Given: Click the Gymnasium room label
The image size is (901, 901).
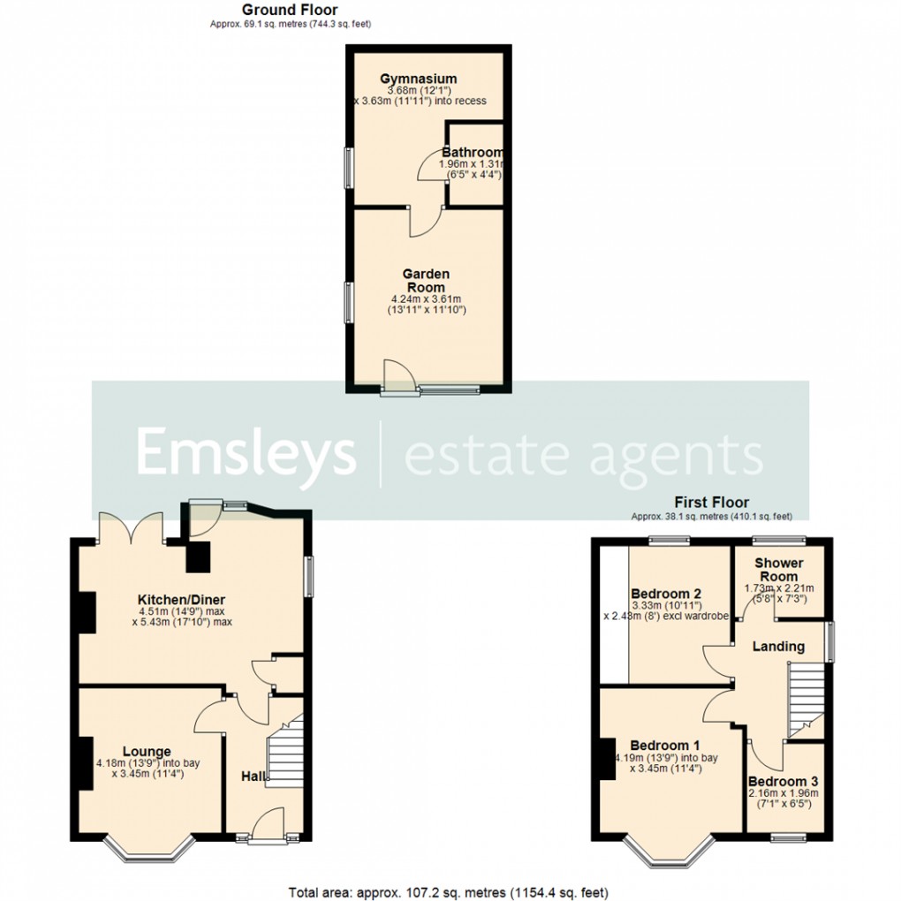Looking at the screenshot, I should point(420,79).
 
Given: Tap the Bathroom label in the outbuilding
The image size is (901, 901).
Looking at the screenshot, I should point(473,152).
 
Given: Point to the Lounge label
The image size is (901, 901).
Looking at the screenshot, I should point(147,751).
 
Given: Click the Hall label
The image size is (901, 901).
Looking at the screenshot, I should point(254,776).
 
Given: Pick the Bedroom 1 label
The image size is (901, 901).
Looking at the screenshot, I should point(666,744).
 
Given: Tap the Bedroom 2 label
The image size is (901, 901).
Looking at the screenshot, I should point(666,593).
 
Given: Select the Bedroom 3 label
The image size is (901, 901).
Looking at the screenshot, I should point(783,781).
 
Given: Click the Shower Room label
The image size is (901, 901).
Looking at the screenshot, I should point(779,569).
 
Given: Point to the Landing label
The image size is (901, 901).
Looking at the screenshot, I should point(778,646).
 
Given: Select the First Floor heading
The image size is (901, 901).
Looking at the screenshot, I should point(711,503).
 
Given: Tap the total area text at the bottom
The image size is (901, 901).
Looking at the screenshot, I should point(448,891).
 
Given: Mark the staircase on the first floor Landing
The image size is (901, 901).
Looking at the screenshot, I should point(805,698).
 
